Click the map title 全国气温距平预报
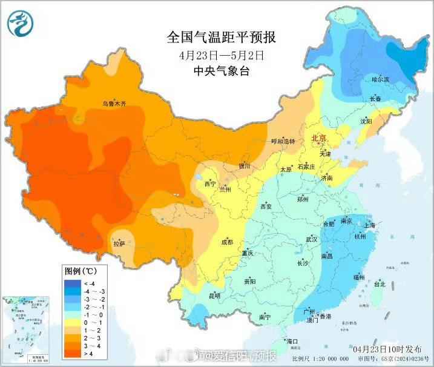tap(221, 38)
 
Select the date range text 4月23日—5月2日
tap(222, 55)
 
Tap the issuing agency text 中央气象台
tap(221, 71)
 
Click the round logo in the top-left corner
tap(21, 23)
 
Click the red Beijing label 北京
tap(318, 139)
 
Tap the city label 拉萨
tap(119, 243)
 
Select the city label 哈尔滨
tap(380, 79)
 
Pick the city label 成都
tap(227, 242)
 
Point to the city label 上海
tap(369, 225)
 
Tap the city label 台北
tap(379, 283)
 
